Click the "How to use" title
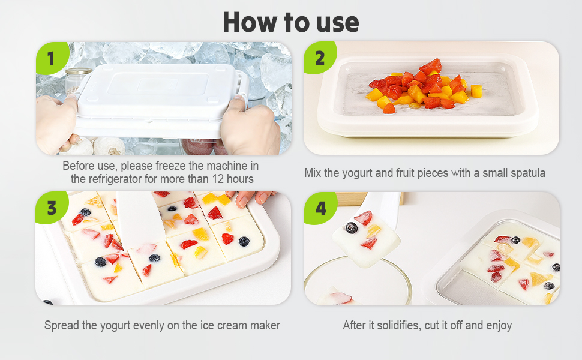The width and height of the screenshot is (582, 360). pos(290,23)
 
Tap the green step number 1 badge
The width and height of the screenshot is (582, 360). pos(52,58)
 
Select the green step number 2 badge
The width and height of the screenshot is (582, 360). pos(320,58)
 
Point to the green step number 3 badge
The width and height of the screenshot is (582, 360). pos(52,208)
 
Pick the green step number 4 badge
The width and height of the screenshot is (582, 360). pos(320,208)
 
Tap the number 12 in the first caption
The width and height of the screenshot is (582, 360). pos(218,179)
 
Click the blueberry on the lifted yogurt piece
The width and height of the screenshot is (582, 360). pos(351,227)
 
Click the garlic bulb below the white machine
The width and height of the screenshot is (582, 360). pos(109,146)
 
